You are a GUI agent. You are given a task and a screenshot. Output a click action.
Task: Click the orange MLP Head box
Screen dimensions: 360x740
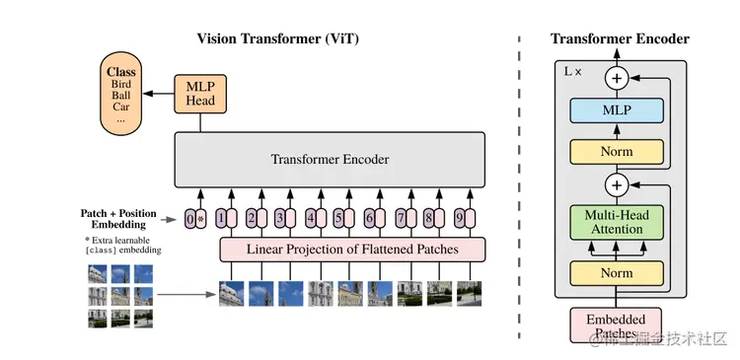point(201,94)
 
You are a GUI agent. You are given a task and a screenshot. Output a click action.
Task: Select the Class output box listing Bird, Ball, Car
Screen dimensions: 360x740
point(120,96)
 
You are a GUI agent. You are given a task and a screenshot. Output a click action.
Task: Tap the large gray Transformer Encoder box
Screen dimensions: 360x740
point(330,160)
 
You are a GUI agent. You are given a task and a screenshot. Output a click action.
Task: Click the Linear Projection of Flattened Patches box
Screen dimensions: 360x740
point(352,250)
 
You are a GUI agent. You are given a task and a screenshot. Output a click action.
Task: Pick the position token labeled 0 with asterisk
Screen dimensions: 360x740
point(195,219)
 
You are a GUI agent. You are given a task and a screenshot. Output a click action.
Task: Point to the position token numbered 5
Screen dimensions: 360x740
point(340,219)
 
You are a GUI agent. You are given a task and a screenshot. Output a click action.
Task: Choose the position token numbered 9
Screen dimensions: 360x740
point(462,219)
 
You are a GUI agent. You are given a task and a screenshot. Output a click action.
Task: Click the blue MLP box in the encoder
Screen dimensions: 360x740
point(617,110)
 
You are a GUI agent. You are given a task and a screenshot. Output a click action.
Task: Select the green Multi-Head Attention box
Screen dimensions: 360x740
point(617,221)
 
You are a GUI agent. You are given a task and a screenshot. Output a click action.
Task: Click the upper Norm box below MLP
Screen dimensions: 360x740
point(617,152)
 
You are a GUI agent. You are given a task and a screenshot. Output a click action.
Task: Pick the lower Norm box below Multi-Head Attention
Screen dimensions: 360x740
point(617,272)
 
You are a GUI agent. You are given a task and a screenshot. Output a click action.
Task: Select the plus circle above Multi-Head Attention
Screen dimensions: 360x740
point(617,184)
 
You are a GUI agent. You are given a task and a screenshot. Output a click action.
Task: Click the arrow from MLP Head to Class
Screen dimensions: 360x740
point(158,94)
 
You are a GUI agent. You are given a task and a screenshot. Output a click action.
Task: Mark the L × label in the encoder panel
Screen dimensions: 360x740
point(571,72)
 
